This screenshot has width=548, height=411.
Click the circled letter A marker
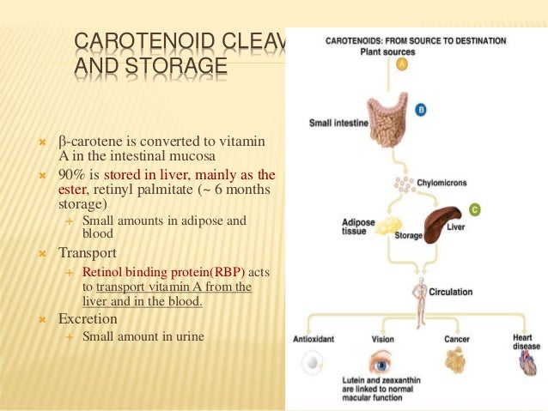pos(401,63)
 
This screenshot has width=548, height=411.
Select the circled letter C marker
pos(475,209)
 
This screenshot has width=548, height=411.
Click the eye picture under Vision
pos(382,361)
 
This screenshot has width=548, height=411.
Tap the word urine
pos(188,336)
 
